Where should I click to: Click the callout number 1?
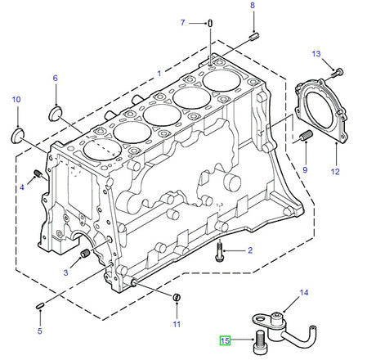159,73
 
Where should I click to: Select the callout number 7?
183,22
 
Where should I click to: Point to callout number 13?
316,54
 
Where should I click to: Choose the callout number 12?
334,172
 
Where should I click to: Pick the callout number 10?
16,100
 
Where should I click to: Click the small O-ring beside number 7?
210,22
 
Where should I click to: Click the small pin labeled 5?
40,306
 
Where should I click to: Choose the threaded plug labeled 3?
83,259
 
